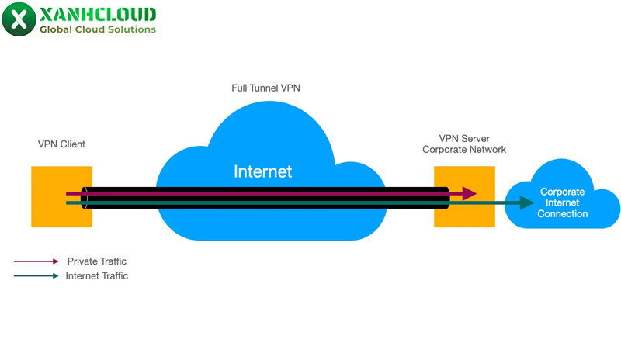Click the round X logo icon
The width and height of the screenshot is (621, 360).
pos(19,19)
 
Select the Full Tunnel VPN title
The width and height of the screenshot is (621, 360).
pos(265,88)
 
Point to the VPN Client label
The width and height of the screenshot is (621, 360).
pos(61,144)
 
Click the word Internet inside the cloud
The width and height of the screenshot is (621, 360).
pos(262,171)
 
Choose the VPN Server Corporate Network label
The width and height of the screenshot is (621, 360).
pos(464,144)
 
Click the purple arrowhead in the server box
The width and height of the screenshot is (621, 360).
pos(469,193)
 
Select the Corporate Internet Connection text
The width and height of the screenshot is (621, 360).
pos(563,202)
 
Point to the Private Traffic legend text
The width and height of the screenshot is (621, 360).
pos(96,261)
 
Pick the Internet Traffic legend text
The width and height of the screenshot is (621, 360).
pos(96,276)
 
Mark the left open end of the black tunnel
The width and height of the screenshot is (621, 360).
pos(84,198)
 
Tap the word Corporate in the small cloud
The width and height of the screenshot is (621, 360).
pos(563,192)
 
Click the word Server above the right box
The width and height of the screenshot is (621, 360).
pos(475,139)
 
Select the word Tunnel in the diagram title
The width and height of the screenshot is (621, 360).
pos(265,88)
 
